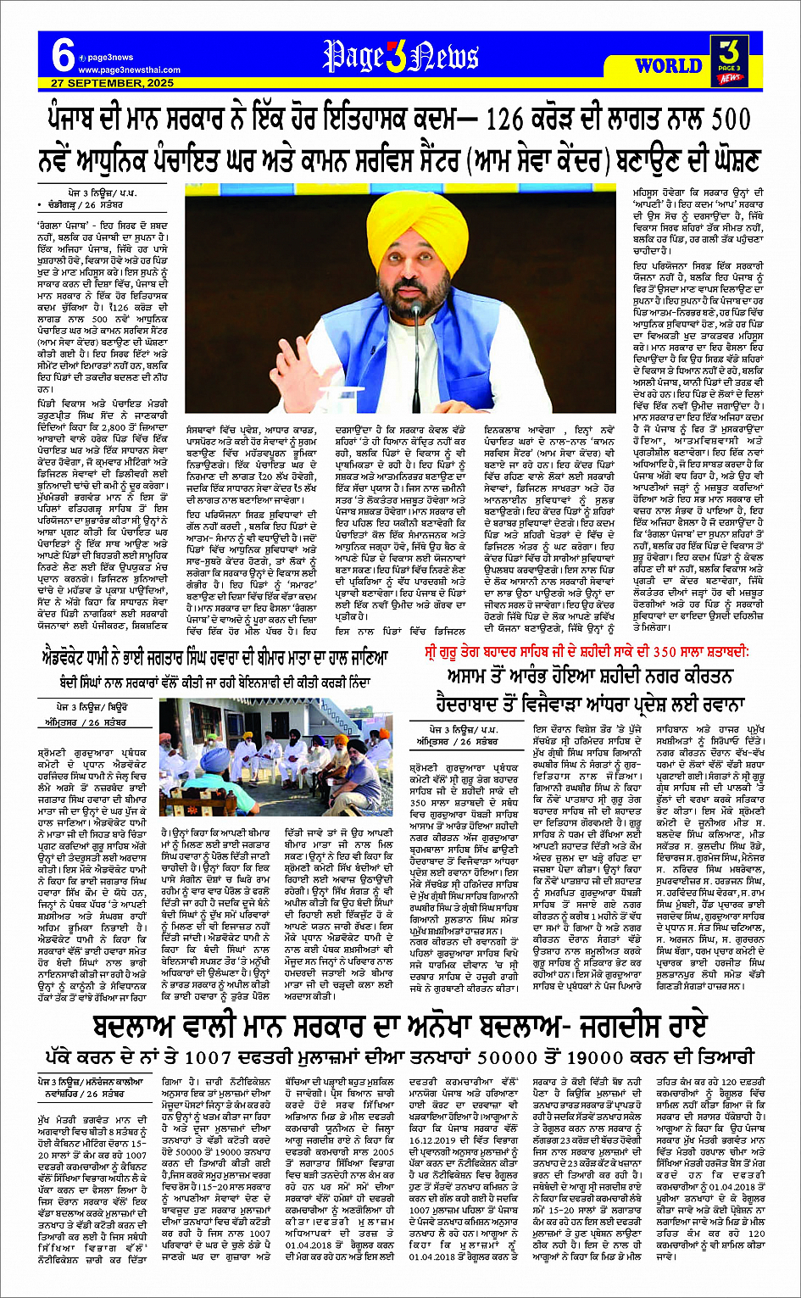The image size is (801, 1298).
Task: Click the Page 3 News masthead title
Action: [x=400, y=58]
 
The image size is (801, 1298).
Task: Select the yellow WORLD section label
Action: [x=669, y=64]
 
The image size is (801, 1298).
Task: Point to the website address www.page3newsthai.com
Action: [x=129, y=70]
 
